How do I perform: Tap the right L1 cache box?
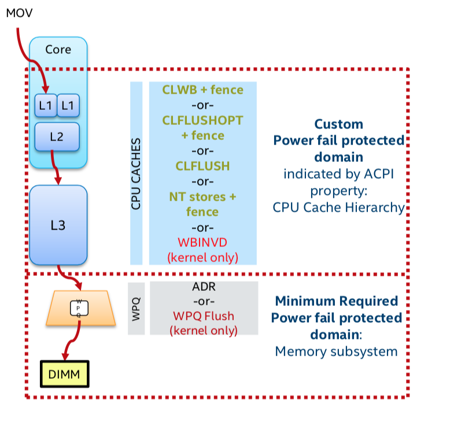(68, 105)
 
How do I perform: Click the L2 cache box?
(56, 137)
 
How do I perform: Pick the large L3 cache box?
(58, 224)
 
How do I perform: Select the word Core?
(58, 49)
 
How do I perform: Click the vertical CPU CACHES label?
(137, 173)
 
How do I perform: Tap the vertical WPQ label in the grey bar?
(136, 308)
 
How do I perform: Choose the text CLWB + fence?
(202, 90)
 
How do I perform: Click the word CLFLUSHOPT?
(202, 120)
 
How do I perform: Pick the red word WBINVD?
(202, 242)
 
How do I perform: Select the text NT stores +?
(202, 197)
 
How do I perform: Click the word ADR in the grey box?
(202, 287)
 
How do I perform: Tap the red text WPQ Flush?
(202, 316)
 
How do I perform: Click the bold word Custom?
(338, 124)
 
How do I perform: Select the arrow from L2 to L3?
(56, 168)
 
